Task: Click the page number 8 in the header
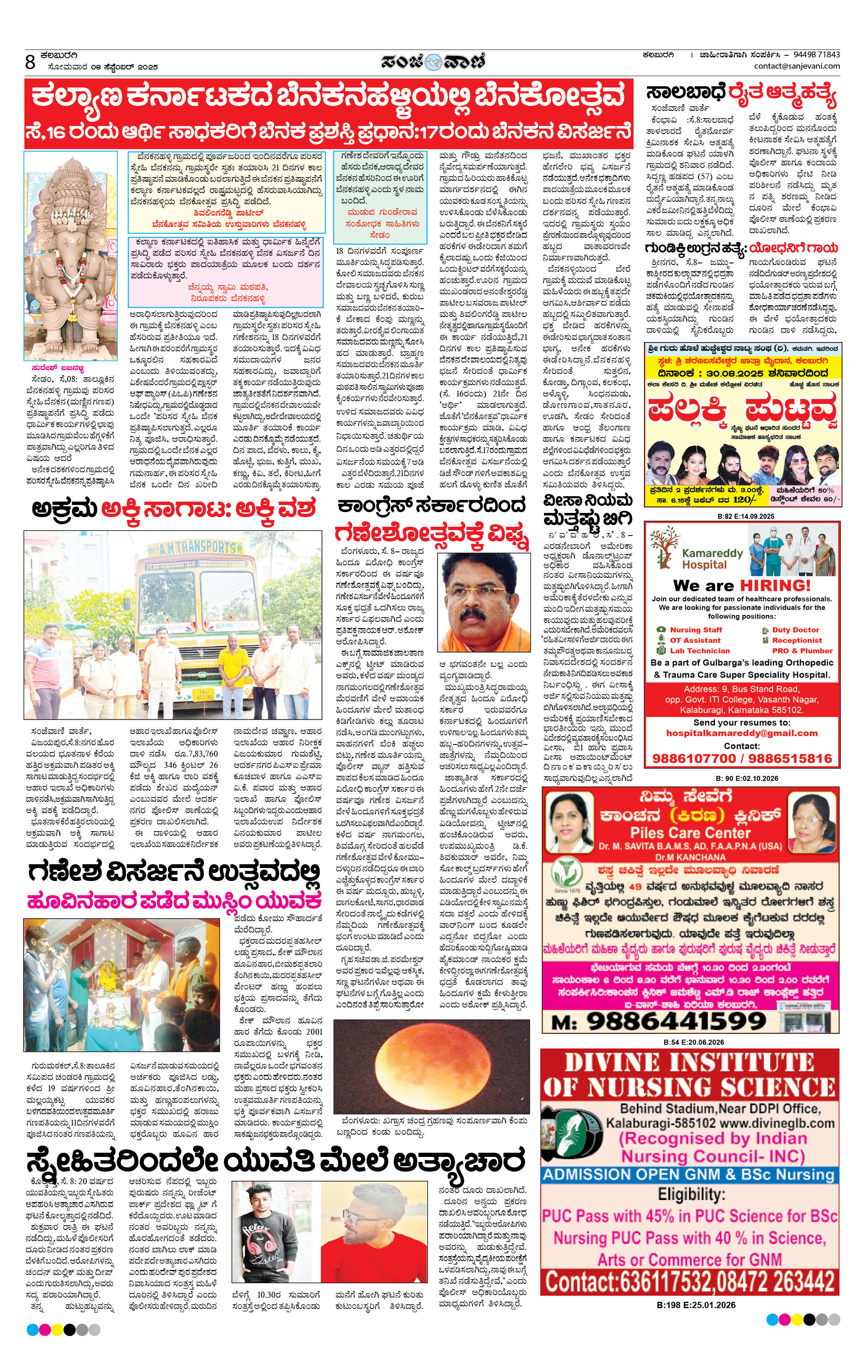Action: tap(30, 62)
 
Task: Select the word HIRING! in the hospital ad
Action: tap(775, 585)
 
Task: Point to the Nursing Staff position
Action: tap(696, 630)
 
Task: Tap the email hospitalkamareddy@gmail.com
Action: tap(742, 733)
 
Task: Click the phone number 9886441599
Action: tap(676, 1021)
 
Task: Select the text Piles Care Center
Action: tap(690, 832)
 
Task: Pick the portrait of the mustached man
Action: tap(484, 602)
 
